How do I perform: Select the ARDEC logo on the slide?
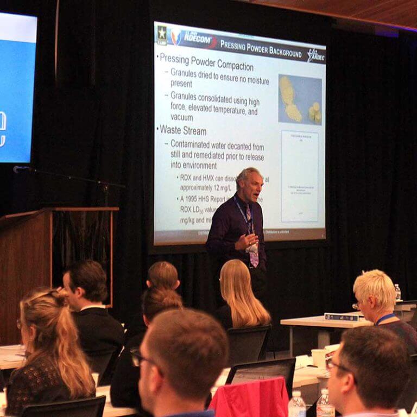point(315,54)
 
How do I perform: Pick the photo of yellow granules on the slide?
point(300,99)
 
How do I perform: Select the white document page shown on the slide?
point(300,176)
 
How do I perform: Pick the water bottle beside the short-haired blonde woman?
point(397,293)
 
